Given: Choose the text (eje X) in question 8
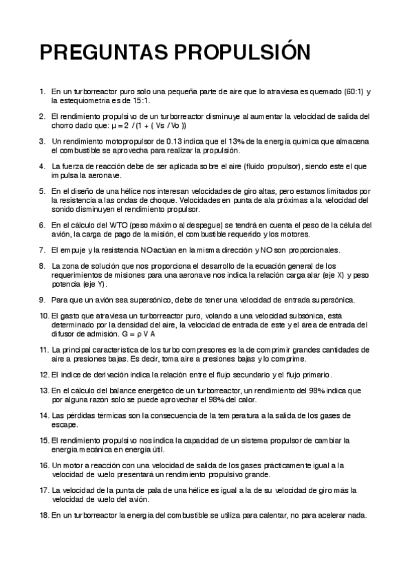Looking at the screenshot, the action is click(x=342, y=274).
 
